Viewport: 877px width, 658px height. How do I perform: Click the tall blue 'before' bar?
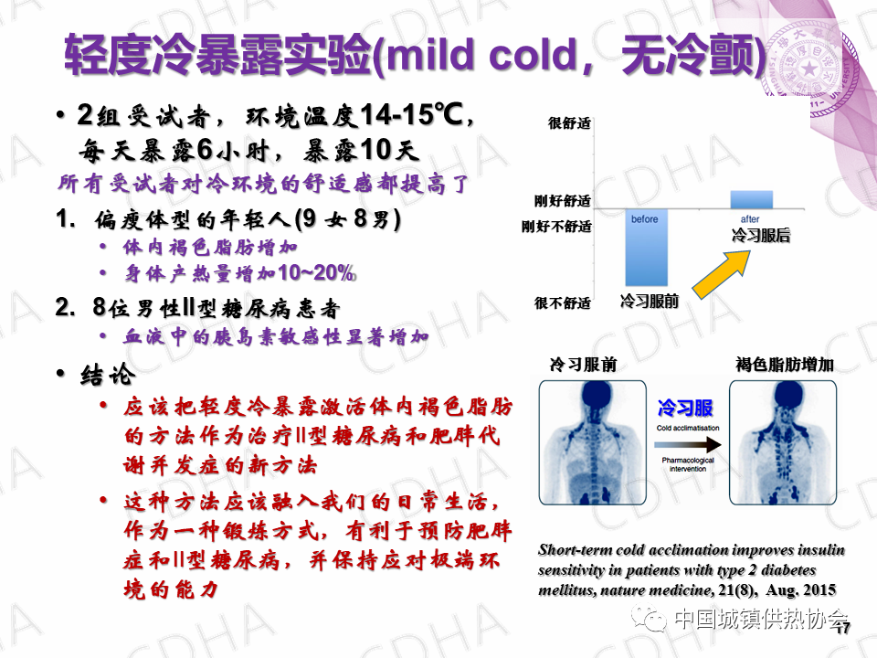tap(647, 248)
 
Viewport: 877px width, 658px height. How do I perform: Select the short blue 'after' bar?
tap(752, 200)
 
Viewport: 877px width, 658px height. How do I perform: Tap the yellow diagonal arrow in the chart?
tap(722, 273)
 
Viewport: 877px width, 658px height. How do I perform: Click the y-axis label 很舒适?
tap(569, 123)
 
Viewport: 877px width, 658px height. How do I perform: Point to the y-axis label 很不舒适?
tap(563, 303)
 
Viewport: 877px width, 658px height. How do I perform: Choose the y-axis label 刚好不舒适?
tap(556, 227)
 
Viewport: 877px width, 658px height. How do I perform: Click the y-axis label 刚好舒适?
tap(563, 201)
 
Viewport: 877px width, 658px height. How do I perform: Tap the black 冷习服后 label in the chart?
tap(761, 236)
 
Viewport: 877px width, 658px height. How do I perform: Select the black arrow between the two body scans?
tap(688, 445)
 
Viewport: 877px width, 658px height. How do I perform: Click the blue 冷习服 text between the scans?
tap(685, 408)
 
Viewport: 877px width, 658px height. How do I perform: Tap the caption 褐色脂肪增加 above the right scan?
tap(785, 365)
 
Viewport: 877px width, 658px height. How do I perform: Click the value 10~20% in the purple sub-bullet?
tap(317, 273)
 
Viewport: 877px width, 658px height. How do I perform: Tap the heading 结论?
tap(108, 375)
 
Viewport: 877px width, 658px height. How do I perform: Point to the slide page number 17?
tap(843, 629)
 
